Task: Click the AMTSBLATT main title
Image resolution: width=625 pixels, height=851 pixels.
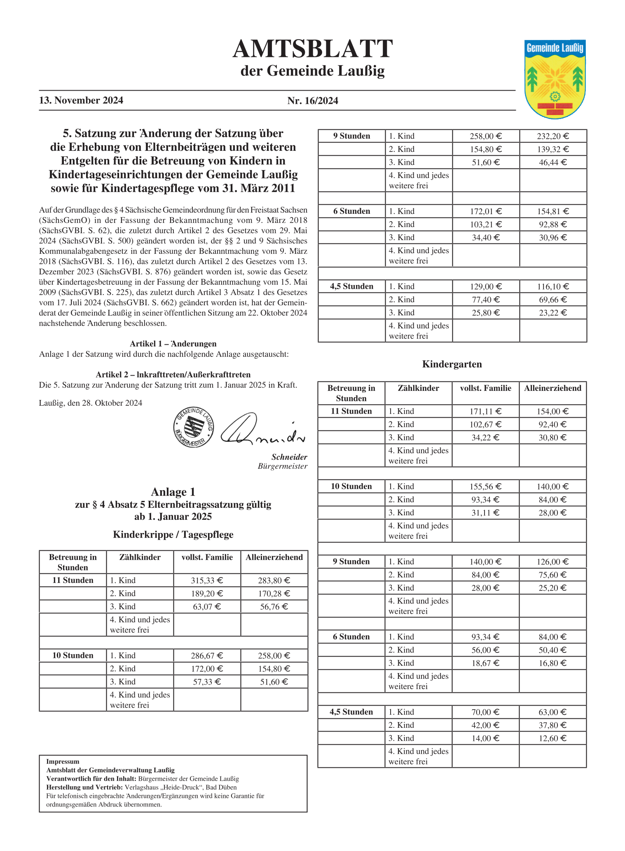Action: pyautogui.click(x=312, y=49)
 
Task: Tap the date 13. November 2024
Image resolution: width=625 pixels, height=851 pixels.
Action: pyautogui.click(x=81, y=101)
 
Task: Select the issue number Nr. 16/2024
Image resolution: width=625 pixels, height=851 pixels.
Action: pyautogui.click(x=313, y=101)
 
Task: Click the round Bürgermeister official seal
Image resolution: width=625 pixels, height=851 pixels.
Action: pyautogui.click(x=194, y=427)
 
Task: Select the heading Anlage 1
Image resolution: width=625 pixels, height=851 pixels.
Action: pyautogui.click(x=173, y=492)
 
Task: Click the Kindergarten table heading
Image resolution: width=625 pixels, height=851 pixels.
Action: pyautogui.click(x=452, y=364)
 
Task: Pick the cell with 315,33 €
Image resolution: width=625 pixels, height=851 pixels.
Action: pyautogui.click(x=207, y=580)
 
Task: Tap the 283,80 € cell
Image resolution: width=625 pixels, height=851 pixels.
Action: pyautogui.click(x=274, y=580)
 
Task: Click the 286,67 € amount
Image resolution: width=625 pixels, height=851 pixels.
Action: pyautogui.click(x=207, y=655)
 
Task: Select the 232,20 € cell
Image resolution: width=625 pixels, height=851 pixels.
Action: pyautogui.click(x=553, y=136)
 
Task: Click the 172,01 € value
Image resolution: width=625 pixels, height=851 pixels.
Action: pyautogui.click(x=486, y=211)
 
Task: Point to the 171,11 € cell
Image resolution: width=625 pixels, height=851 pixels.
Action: pyautogui.click(x=485, y=411)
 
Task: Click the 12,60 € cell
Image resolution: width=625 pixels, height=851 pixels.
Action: pyautogui.click(x=552, y=738)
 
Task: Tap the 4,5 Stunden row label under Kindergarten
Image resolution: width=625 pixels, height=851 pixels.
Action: pyautogui.click(x=351, y=712)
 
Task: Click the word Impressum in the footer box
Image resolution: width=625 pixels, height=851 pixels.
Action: pyautogui.click(x=63, y=762)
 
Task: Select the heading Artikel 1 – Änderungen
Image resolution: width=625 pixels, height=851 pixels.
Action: pyautogui.click(x=173, y=344)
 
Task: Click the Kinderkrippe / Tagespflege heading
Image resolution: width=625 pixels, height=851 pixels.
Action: pyautogui.click(x=173, y=535)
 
